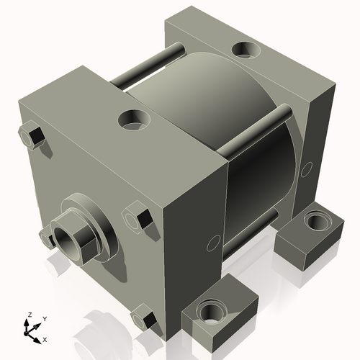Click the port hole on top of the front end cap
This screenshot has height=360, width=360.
[133, 119]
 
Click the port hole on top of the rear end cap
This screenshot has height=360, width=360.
[246, 50]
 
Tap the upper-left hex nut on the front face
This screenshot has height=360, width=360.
[31, 135]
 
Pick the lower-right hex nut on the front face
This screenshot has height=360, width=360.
[144, 318]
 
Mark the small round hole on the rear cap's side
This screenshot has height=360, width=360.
[307, 169]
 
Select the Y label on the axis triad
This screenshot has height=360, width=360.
[44, 319]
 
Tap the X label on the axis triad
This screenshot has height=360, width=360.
[45, 338]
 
